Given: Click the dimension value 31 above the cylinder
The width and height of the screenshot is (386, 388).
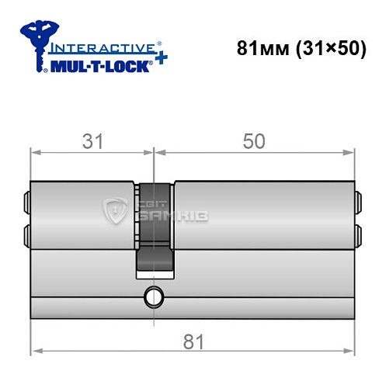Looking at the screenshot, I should (x=94, y=141).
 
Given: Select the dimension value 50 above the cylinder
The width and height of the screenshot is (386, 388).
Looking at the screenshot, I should (x=254, y=141).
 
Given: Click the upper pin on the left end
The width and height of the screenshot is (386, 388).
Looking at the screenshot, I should (x=28, y=203).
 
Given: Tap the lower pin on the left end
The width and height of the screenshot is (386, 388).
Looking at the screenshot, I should (x=28, y=234).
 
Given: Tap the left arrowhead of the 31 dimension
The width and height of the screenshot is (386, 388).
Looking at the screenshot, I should (x=35, y=152).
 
